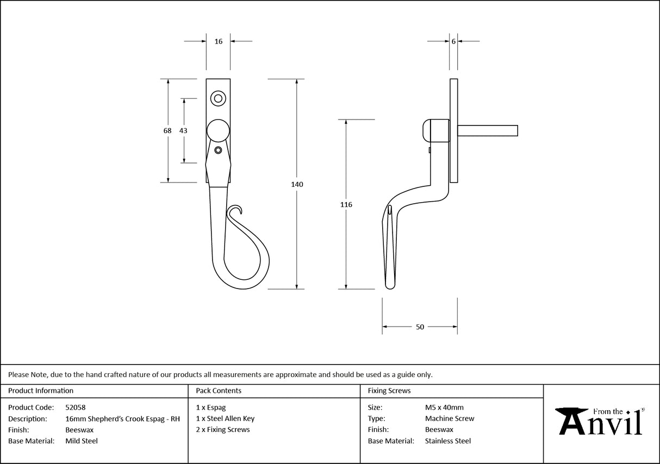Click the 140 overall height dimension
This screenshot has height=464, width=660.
click(x=297, y=185)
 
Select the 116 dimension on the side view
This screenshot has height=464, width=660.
click(x=346, y=205)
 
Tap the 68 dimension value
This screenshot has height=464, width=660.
click(x=167, y=131)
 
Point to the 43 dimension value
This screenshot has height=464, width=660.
click(x=183, y=131)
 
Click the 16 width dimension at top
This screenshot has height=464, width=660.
click(x=218, y=41)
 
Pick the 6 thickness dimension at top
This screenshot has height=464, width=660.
click(x=453, y=41)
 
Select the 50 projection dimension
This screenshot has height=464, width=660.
click(x=420, y=327)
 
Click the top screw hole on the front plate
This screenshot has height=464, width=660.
click(x=218, y=98)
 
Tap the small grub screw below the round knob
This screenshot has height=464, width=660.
click(x=218, y=150)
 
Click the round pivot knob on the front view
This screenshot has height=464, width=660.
click(x=218, y=131)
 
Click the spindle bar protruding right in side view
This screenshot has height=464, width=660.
click(x=488, y=130)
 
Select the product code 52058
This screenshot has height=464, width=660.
click(x=76, y=407)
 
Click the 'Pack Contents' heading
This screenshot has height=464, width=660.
click(x=219, y=391)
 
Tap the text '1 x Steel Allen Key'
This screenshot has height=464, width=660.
click(x=225, y=418)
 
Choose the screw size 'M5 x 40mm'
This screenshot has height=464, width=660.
click(x=444, y=407)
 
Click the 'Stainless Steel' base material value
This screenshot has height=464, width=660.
click(x=448, y=441)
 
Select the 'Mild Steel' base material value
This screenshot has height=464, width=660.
click(x=82, y=441)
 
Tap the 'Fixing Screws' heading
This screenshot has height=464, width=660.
click(x=389, y=391)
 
